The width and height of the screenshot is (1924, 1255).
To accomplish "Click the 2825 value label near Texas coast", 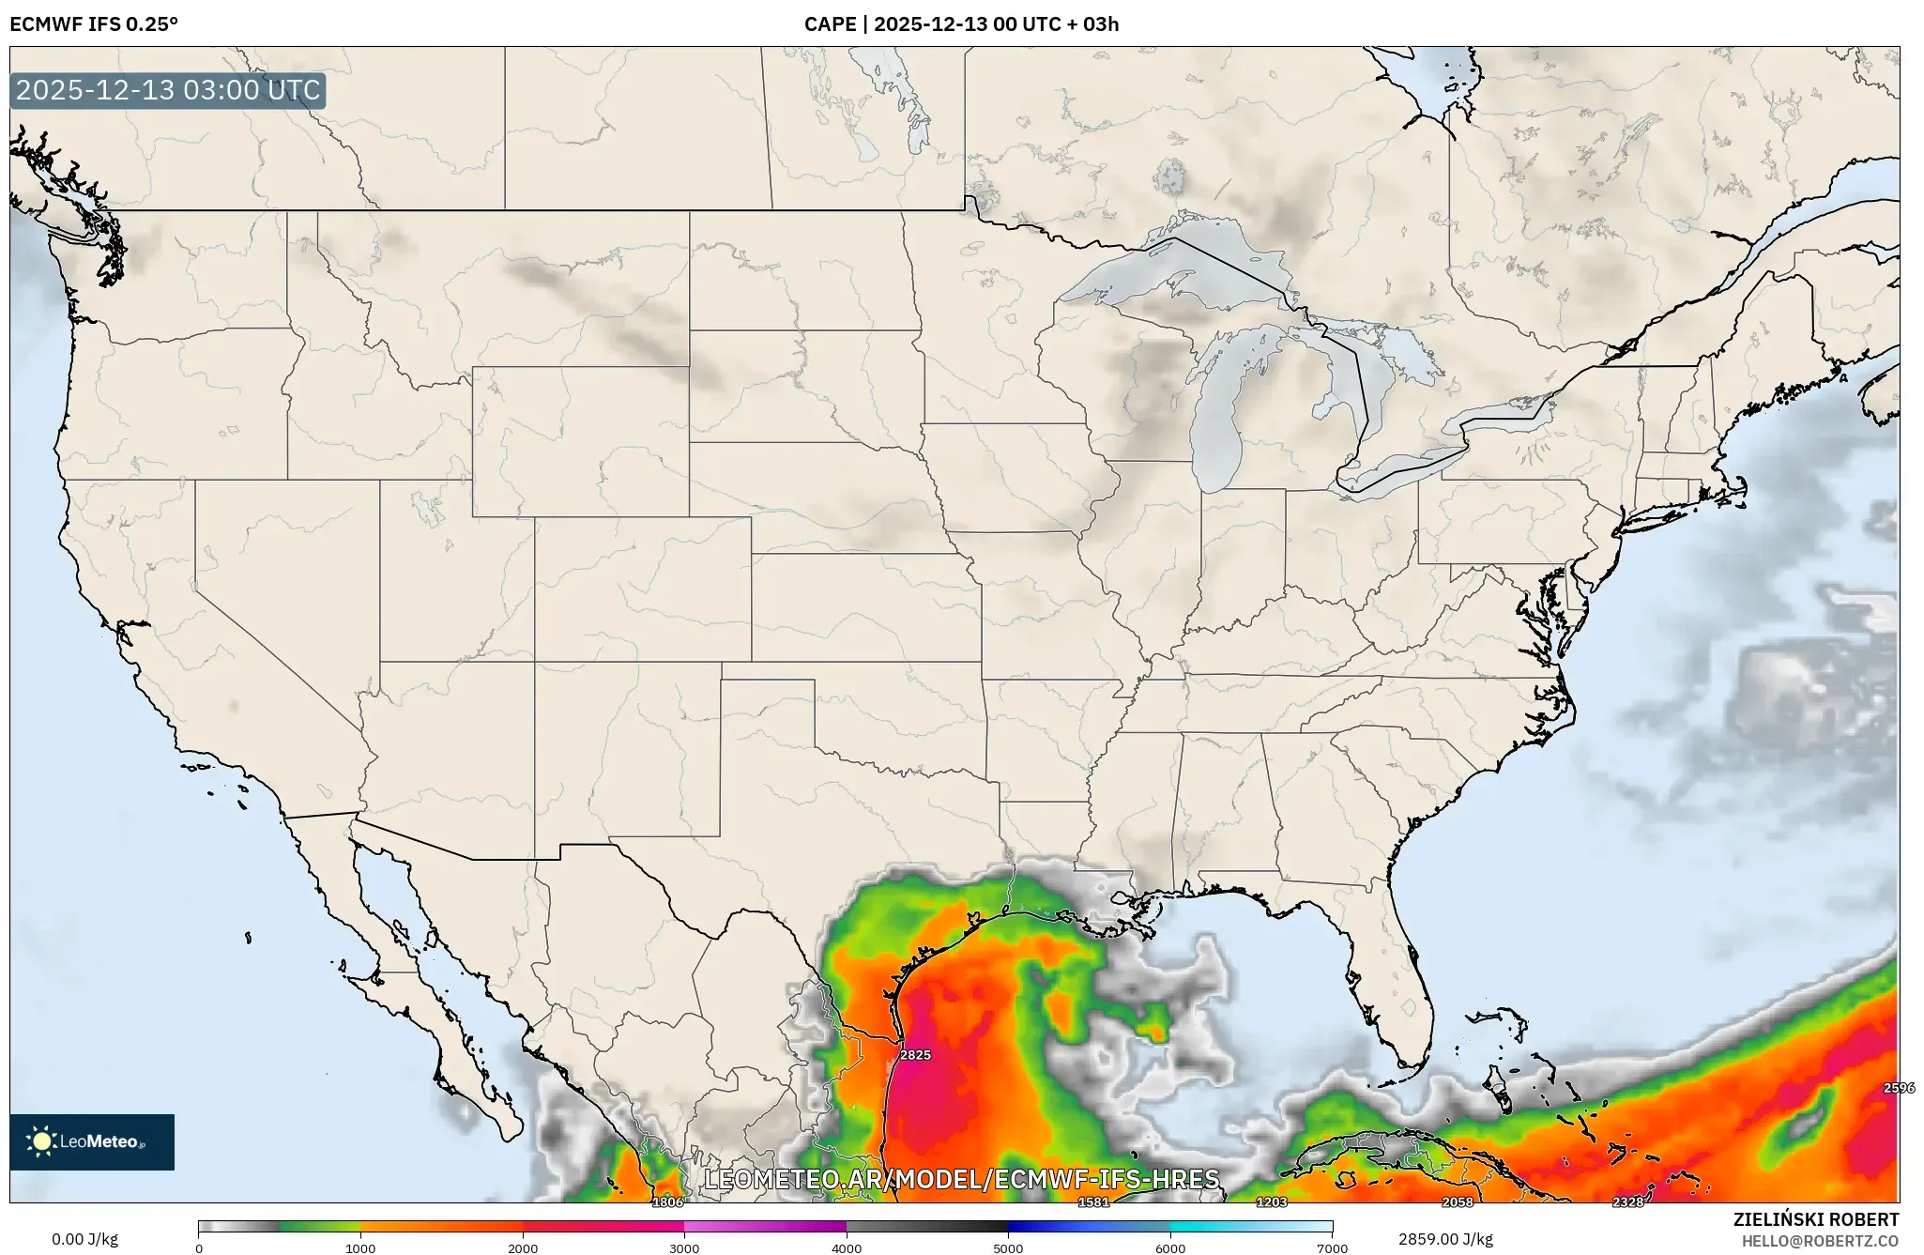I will coord(915,1055).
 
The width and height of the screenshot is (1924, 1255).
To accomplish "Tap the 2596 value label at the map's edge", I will coord(1899,1088).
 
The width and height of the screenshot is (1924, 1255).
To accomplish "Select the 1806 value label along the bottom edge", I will coord(667,1202).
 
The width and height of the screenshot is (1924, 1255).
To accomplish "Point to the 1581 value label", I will coord(1093,1202).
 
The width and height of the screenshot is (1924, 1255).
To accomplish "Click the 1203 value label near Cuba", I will coord(1272,1202).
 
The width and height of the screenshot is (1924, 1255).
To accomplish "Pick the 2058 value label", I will coord(1458,1202).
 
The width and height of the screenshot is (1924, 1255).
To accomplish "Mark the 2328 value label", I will coord(1628,1202).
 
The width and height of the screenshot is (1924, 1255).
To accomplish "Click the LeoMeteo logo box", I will coord(92,1142).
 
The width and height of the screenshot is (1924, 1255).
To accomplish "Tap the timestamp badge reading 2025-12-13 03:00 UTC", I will coord(168,91).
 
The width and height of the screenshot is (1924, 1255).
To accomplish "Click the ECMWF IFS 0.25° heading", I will coord(94,24).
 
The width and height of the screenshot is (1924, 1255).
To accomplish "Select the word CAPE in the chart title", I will coord(829,24).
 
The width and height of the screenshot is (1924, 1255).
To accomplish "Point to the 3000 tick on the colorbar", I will coord(684,1248).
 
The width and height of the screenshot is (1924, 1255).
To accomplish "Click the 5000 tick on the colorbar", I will coord(1008,1248).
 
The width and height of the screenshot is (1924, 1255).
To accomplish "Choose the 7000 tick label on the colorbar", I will coord(1332,1248).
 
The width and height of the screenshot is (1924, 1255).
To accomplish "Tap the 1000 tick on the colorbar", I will coord(360,1248).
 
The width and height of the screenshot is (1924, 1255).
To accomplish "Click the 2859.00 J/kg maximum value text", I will coord(1445,1239).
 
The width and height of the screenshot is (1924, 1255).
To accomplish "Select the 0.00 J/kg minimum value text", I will coord(85,1239).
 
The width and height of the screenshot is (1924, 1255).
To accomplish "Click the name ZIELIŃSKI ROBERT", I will coord(1815,1220).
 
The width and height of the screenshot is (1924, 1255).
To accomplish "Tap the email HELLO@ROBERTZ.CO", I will coord(1820,1241).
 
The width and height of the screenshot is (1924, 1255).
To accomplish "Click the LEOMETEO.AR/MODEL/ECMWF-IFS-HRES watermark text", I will coord(962,1179).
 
